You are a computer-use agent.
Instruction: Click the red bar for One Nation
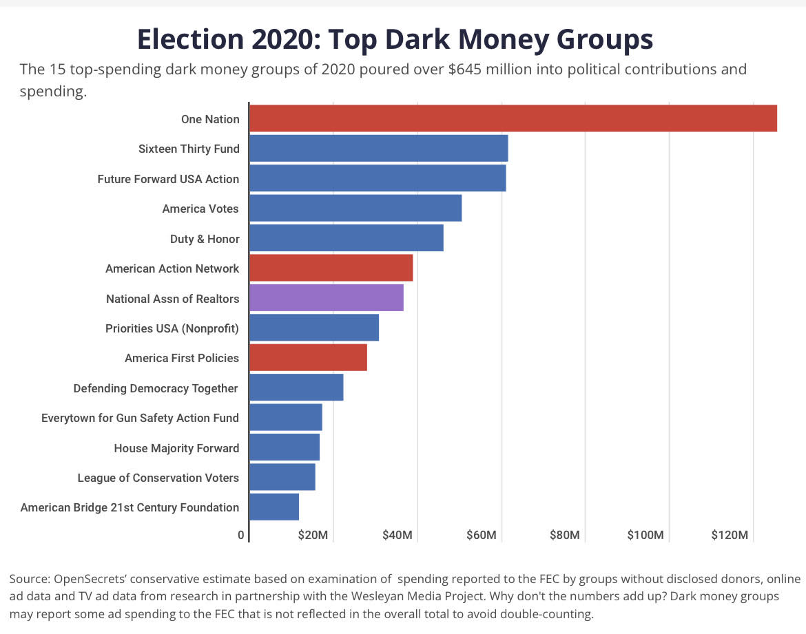[x=513, y=118]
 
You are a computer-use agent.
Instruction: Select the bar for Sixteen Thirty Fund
[x=378, y=149]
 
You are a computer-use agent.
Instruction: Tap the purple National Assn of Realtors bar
[x=326, y=298]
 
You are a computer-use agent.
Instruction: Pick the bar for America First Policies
[x=308, y=358]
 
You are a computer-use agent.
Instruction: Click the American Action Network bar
[x=331, y=268]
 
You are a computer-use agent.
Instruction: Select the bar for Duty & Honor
[x=346, y=238]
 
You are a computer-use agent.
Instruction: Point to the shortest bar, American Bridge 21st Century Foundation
[x=273, y=507]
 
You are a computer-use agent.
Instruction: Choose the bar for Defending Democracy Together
[x=296, y=388]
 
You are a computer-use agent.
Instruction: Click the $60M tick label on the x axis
[x=480, y=536]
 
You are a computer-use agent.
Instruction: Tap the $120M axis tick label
[x=729, y=536]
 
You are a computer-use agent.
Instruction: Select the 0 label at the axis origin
[x=241, y=536]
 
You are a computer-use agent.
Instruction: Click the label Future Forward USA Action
[x=168, y=179]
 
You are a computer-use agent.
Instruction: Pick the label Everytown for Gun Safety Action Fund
[x=140, y=418]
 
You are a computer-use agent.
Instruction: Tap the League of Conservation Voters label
[x=158, y=478]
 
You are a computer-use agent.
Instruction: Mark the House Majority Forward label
[x=176, y=448]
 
